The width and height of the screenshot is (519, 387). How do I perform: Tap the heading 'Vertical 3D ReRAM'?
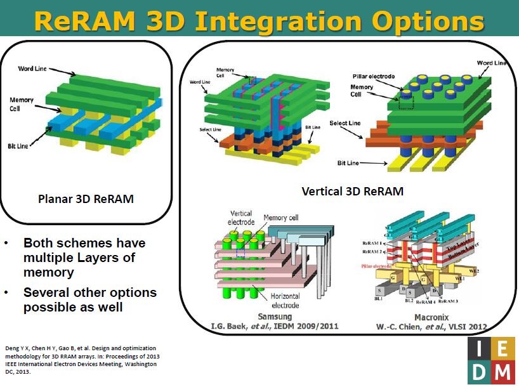pos(352,191)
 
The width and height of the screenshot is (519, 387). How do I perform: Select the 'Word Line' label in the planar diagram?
pos(33,68)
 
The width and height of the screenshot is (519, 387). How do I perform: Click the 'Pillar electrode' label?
pos(374,76)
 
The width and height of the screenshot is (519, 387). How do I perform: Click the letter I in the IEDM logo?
pos(478,348)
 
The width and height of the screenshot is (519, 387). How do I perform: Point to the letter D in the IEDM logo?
pos(478,372)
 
